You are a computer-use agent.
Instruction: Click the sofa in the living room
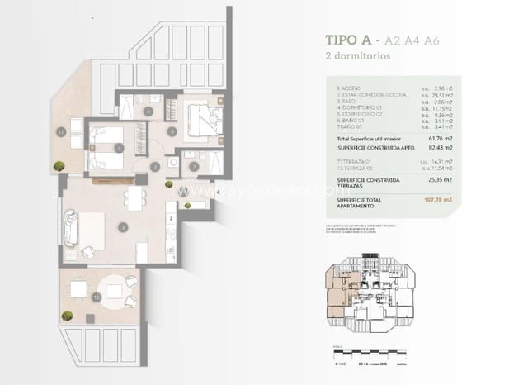(x=71, y=229)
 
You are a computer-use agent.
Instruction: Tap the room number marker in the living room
(x=122, y=226)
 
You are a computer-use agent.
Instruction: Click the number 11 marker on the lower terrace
(x=97, y=296)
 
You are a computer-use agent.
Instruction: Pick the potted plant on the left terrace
(x=59, y=166)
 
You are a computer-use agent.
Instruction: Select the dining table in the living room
(x=131, y=196)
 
